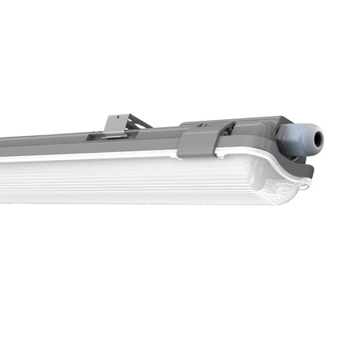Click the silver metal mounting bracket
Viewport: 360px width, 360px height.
click(117, 126)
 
